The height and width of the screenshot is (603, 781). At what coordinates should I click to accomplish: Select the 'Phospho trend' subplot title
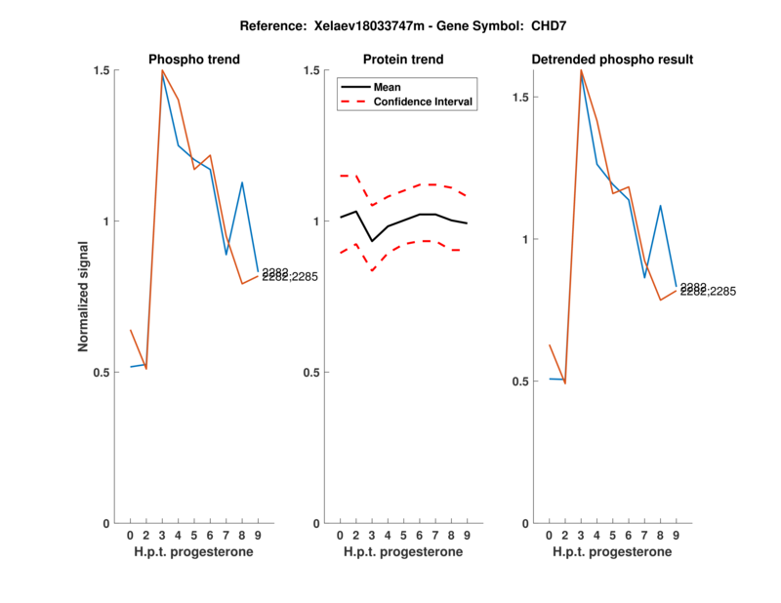pos(194,60)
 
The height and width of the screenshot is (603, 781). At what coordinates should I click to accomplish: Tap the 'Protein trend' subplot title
pos(403,60)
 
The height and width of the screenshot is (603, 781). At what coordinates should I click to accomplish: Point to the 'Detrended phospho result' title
pos(612,60)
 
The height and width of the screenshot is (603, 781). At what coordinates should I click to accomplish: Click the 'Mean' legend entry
pos(388,87)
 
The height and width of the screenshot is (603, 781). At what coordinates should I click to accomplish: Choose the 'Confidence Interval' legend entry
pos(423,101)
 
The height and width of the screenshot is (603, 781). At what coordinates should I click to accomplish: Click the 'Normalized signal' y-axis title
pos(85,297)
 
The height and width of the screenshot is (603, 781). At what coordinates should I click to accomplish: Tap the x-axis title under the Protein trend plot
pos(403,552)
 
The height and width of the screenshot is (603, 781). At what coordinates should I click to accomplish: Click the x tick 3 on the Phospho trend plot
pos(162,535)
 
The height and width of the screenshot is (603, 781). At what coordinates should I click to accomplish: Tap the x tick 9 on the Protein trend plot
pos(467,535)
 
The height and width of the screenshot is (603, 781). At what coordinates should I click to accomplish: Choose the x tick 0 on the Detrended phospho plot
pos(550,535)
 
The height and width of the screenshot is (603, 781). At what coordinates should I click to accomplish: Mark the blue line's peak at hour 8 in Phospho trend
pos(241,182)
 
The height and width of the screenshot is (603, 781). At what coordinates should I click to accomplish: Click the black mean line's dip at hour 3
pos(372,241)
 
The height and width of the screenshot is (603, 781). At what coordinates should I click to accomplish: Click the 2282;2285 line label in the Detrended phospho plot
pos(709,292)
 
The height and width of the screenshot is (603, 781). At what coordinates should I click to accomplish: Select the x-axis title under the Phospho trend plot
pos(194,552)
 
